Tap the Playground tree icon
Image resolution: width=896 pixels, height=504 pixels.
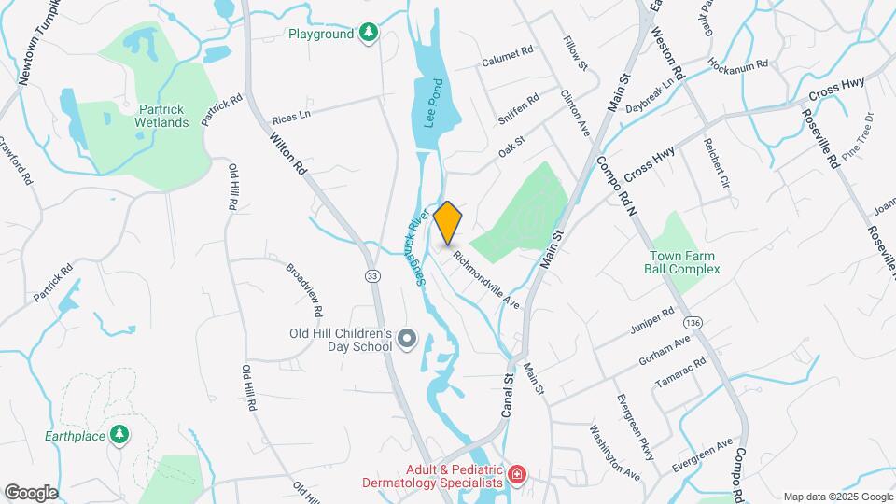pos(370,34)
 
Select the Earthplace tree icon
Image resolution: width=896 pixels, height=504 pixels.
pos(119,435)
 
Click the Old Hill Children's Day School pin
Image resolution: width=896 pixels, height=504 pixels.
pos(406,339)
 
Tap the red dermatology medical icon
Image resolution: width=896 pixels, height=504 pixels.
pos(516,477)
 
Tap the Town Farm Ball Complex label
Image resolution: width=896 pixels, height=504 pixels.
pos(682,261)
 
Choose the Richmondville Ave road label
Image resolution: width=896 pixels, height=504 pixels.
pos(485,278)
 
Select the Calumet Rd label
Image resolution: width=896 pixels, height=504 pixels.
pos(507,57)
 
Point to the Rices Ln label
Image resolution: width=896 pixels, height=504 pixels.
pos(290,119)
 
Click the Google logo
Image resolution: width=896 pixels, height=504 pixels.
pos(31,493)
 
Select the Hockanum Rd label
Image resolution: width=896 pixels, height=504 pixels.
pos(737,66)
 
